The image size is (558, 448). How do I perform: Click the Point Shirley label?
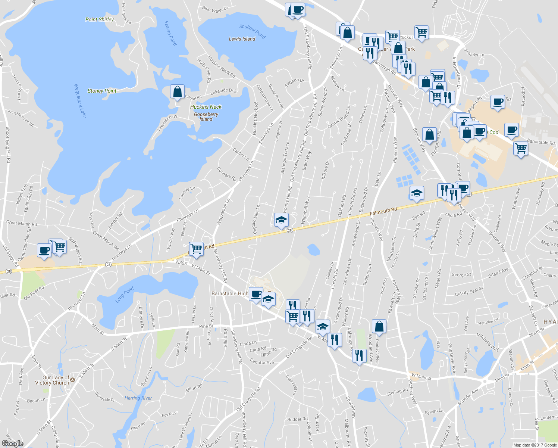[100, 19]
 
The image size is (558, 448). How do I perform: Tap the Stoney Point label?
[102, 91]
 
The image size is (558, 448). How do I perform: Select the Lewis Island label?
[242, 39]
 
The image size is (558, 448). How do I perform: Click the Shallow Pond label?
[253, 32]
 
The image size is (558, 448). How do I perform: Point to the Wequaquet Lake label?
[80, 101]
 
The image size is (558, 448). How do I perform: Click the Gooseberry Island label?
[206, 117]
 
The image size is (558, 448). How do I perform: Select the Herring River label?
[138, 398]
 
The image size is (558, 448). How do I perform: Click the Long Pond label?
[124, 295]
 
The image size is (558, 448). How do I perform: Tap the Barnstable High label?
[230, 293]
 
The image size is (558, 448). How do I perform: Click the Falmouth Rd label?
[383, 211]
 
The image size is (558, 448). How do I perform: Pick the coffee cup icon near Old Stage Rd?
[44, 250]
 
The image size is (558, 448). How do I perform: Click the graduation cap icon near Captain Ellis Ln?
[281, 220]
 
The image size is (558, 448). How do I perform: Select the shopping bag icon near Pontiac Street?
[379, 326]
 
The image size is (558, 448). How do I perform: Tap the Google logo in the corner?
[12, 443]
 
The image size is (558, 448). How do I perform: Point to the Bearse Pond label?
[170, 33]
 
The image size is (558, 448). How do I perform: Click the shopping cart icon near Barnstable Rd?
[521, 149]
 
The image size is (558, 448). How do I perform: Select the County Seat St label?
[469, 291]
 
